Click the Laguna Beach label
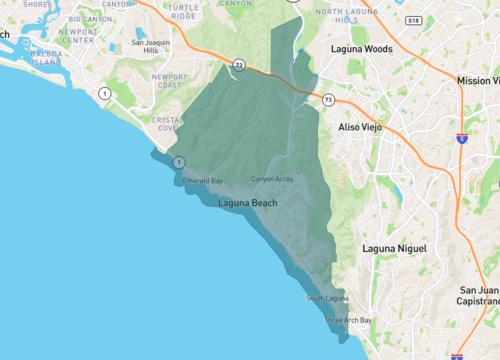248,203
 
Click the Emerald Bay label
202,180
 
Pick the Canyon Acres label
271,179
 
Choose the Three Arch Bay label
348,320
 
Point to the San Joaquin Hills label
152,46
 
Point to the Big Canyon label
90,18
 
